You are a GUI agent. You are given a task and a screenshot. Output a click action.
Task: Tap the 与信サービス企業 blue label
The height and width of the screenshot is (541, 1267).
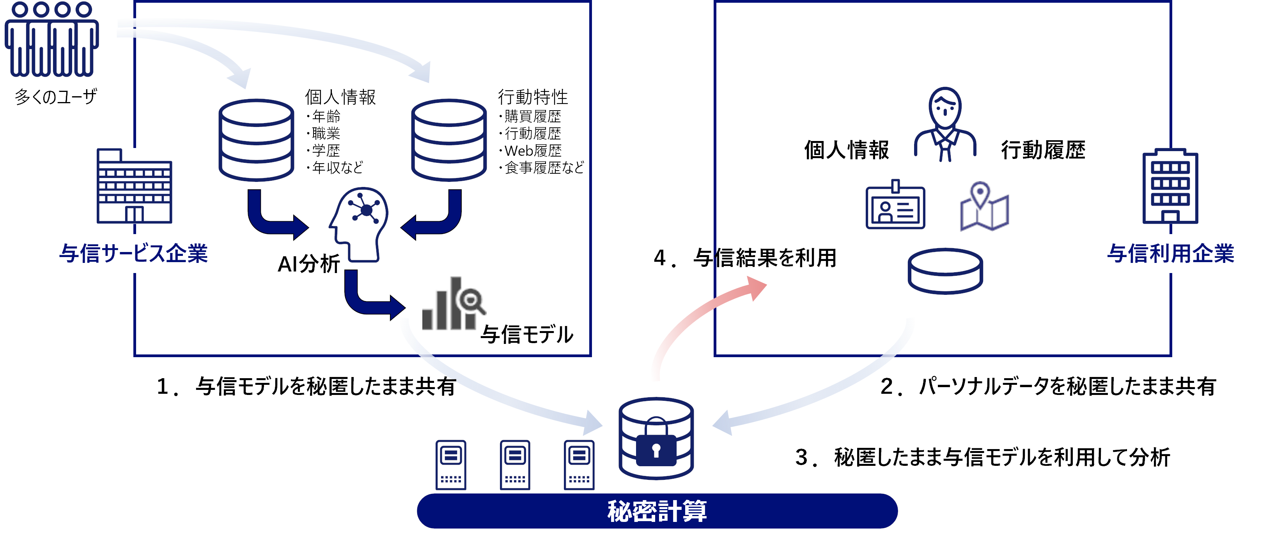coord(134,254)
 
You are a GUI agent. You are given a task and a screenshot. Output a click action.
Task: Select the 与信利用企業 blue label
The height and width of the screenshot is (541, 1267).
coord(1171,254)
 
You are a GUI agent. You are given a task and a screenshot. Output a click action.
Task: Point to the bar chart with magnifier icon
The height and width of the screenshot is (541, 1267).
coord(452,305)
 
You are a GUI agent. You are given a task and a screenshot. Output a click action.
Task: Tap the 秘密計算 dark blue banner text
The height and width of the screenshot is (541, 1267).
coord(657,511)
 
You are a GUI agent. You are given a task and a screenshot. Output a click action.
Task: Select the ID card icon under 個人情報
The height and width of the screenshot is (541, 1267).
coord(895,206)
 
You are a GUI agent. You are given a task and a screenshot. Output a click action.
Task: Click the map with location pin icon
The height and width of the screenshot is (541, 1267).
coord(984,207)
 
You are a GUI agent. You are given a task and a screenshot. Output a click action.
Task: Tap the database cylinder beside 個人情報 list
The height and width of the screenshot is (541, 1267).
coord(256,140)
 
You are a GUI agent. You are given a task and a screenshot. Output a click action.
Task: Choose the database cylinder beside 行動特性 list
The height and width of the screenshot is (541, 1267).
coord(448,140)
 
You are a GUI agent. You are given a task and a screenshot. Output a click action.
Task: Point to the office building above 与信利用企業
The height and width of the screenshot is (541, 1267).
coord(1170,187)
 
